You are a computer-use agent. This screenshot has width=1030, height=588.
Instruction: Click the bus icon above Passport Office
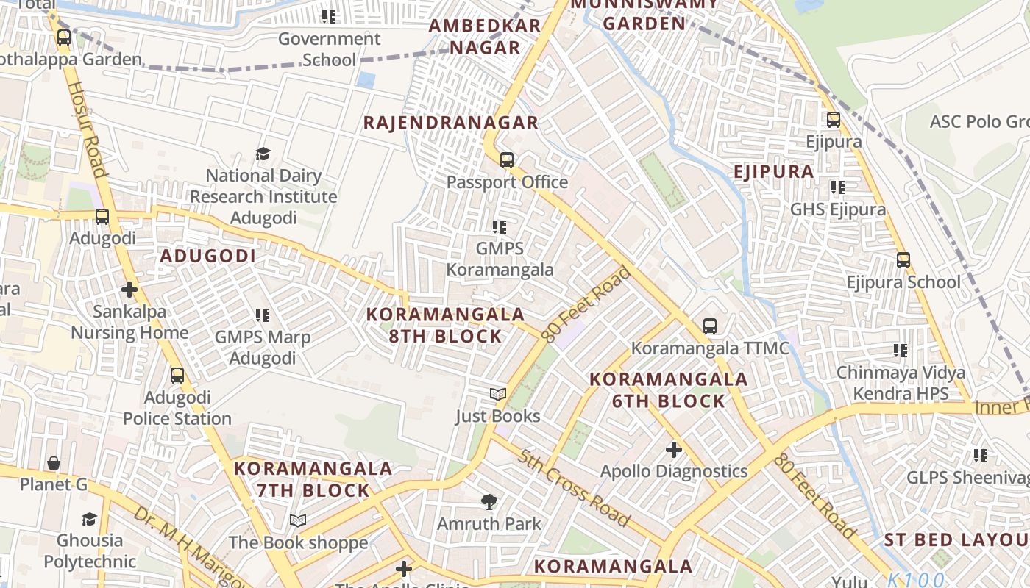click(506, 159)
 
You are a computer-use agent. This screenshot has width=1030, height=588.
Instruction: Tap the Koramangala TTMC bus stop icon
click(709, 326)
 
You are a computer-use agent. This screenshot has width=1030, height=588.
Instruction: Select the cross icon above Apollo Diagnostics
click(673, 449)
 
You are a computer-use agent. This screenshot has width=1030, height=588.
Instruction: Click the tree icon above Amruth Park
click(489, 502)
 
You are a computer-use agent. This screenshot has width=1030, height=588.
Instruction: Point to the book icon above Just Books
click(498, 395)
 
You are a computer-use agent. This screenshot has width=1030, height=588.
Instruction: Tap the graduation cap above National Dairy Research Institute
click(263, 154)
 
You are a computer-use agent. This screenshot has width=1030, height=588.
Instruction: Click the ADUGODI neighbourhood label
click(208, 257)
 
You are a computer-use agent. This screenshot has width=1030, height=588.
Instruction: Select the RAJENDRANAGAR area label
click(451, 123)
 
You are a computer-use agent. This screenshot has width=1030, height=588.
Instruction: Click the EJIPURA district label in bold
click(773, 172)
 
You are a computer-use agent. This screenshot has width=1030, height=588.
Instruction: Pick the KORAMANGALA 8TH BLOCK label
click(445, 326)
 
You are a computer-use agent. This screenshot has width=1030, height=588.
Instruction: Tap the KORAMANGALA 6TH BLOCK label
click(669, 390)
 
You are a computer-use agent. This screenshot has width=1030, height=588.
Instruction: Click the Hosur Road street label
click(88, 129)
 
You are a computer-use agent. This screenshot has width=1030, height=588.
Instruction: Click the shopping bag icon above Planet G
click(54, 463)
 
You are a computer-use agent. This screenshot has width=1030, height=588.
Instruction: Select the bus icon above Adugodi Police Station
click(177, 376)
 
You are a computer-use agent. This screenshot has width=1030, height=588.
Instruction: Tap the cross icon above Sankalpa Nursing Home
click(129, 290)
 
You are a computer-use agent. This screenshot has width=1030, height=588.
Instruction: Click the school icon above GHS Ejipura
click(837, 187)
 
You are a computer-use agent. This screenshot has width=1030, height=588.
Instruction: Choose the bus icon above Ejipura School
click(903, 259)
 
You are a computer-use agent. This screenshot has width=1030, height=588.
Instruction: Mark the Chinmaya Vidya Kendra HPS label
click(901, 383)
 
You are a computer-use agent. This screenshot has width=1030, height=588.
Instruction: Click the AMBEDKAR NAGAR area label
click(485, 37)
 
